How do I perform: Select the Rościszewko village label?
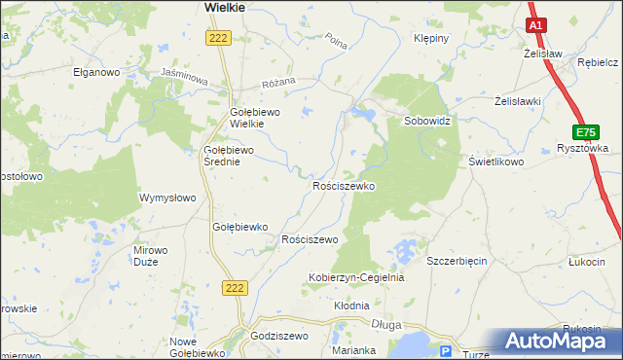coord(344,185)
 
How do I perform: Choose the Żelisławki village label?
coord(518,100)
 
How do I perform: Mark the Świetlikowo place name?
coord(496,162)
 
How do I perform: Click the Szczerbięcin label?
coord(457,261)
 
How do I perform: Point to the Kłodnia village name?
coord(351,306)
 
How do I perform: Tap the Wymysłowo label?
coord(168,198)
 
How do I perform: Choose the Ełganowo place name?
coord(96,72)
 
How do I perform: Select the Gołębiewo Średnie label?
coord(228,156)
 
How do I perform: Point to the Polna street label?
coord(337,42)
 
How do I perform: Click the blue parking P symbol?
coord(447,351)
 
